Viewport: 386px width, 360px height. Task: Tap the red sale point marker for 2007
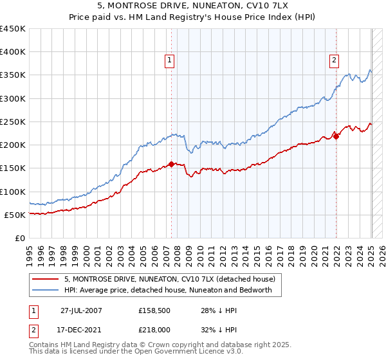171,164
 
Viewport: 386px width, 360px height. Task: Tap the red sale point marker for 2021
336,136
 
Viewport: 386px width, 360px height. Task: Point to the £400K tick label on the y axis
13,52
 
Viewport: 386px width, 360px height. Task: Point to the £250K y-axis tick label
13,122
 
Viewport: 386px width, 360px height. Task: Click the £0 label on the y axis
19,238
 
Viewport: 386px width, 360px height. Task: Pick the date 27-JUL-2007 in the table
81,310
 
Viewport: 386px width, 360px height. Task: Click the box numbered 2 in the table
33,329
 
